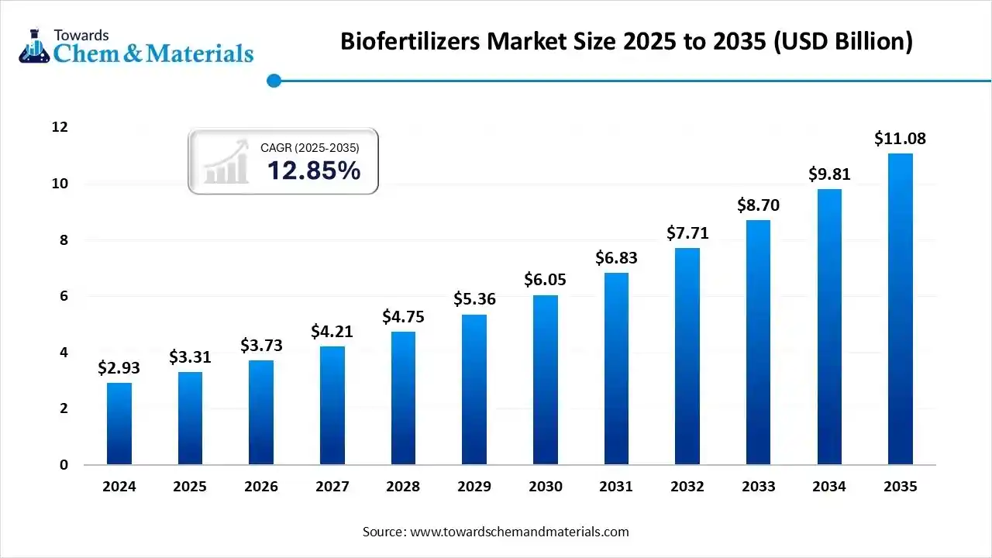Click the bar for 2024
pos(119,424)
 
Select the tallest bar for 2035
pos(900,309)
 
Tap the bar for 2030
pos(545,380)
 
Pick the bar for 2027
pos(332,405)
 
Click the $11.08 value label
pos(900,139)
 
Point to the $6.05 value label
pos(545,280)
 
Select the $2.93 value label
pos(119,368)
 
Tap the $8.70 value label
pos(758,205)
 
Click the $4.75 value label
pos(403,317)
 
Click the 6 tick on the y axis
pos(64,296)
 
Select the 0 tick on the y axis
pos(64,465)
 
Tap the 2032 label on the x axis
pos(687,487)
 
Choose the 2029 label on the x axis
pos(474,487)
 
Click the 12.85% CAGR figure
pos(314,170)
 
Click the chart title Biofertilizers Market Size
pos(626,42)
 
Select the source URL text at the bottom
pos(496,532)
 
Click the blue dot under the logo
pos(273,81)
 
